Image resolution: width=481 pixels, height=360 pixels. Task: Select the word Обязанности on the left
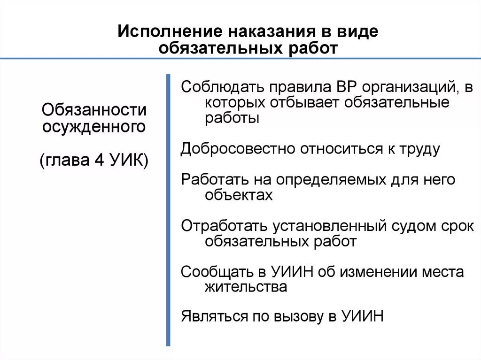tap(94, 111)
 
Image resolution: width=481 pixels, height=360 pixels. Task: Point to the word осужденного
tap(94, 127)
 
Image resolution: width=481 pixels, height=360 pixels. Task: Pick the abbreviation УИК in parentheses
tap(128, 161)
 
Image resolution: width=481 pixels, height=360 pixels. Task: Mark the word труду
tap(419, 149)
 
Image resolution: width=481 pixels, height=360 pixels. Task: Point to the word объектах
tap(239, 195)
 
